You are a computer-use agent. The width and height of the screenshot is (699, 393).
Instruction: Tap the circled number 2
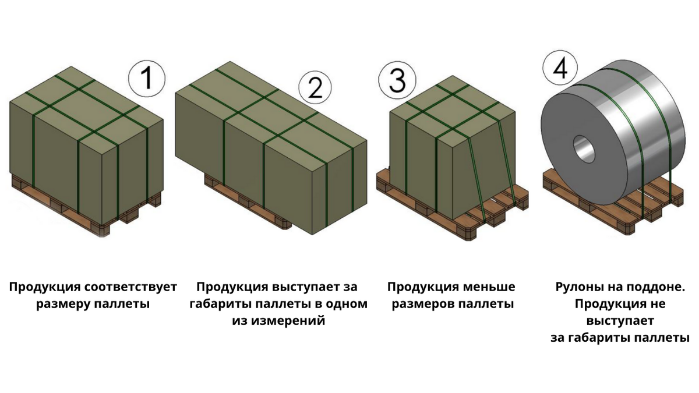click(315, 88)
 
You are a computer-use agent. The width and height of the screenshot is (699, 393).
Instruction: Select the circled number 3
click(397, 80)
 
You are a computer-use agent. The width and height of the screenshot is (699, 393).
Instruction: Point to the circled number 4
click(560, 68)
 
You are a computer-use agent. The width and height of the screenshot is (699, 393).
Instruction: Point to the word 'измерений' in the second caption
click(288, 321)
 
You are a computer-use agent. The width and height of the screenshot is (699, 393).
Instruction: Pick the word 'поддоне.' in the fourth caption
click(657, 287)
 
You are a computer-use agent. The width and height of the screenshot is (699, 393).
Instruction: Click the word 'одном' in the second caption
click(347, 304)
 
